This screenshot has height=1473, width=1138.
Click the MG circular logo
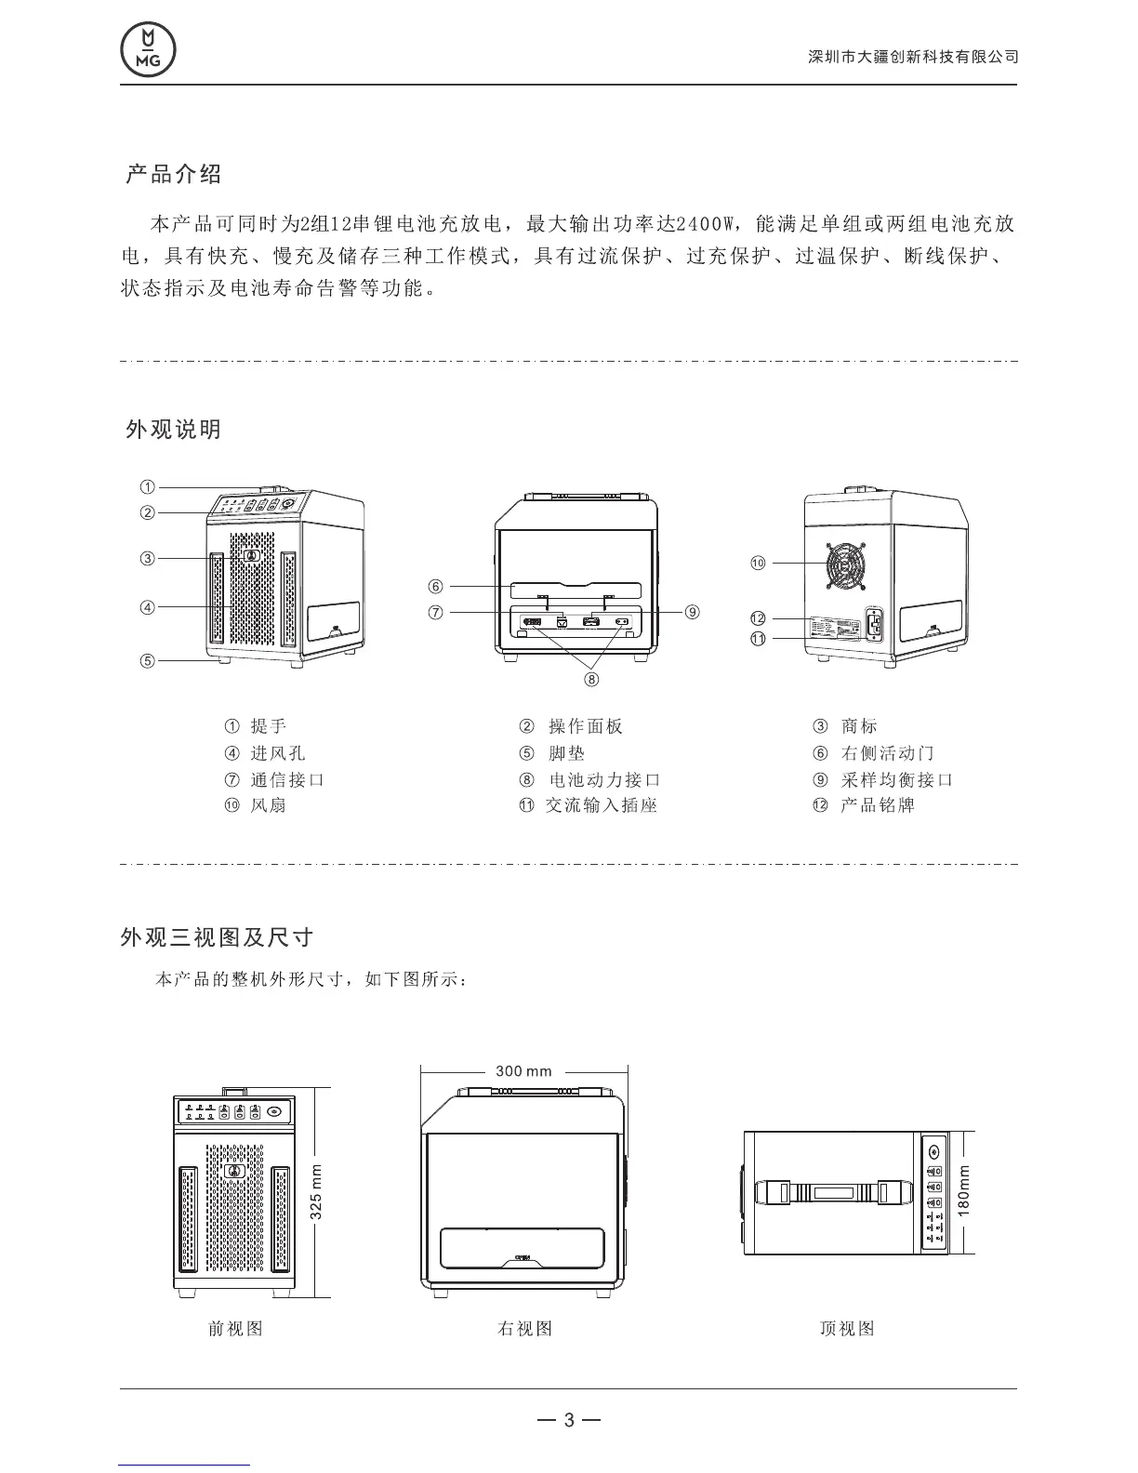[x=148, y=49]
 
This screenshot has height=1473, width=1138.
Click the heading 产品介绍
[x=174, y=174]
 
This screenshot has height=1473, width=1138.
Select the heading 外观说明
[x=174, y=430]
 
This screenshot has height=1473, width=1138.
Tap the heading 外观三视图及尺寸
[x=217, y=937]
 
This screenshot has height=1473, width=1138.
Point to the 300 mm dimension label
[x=523, y=1071]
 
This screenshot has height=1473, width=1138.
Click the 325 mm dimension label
[x=316, y=1192]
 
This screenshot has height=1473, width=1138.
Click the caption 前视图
[x=236, y=1329]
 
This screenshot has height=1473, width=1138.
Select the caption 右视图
[x=525, y=1329]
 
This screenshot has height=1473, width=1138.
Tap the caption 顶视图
[x=847, y=1329]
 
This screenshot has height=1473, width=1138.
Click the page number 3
[x=569, y=1420]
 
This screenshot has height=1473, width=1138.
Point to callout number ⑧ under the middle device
[x=591, y=679]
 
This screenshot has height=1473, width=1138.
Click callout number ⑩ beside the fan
[x=758, y=563]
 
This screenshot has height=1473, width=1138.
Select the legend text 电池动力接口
[x=604, y=780]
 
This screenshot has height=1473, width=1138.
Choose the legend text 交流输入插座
[x=602, y=805]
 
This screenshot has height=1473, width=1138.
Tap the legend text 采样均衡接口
[x=897, y=780]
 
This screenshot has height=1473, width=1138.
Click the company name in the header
[x=913, y=57]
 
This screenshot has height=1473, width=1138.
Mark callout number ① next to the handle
[x=148, y=486]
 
